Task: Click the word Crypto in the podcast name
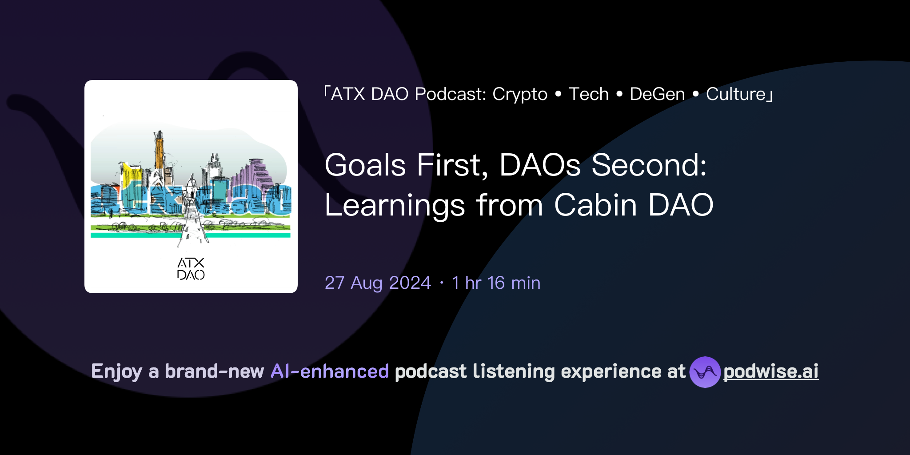[x=520, y=95]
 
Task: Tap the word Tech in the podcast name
[x=589, y=94]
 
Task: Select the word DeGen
[x=657, y=95]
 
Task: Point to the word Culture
[x=736, y=94]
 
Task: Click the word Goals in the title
[x=365, y=166]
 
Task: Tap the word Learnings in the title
[x=395, y=206]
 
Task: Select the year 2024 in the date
[x=410, y=283]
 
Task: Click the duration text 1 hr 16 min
[x=496, y=283]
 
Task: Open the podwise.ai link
[x=771, y=371]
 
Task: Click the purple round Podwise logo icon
[x=705, y=372]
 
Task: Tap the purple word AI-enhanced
[x=330, y=371]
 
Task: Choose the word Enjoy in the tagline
[x=116, y=372]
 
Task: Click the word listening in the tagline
[x=514, y=371]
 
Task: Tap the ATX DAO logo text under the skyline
[x=191, y=269]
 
